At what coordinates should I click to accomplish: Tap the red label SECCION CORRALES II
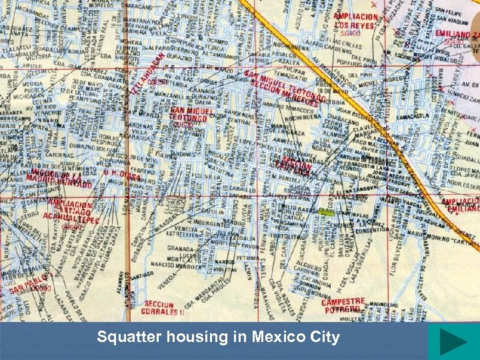[x=162, y=307]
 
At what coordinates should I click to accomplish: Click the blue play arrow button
[x=453, y=342]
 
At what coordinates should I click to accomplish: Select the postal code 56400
[x=349, y=33]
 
